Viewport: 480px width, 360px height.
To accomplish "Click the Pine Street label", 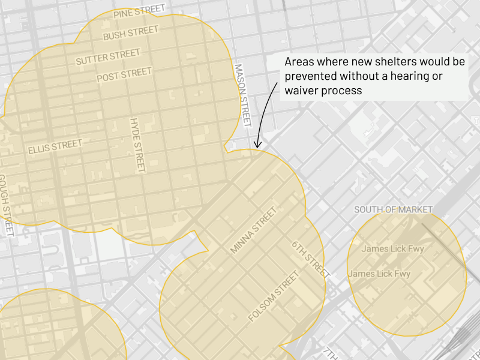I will tap(139, 11).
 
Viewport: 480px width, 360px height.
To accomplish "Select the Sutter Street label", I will tap(107, 58).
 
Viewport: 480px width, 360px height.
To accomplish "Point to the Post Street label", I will tap(124, 75).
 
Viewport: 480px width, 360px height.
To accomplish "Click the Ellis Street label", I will tap(55, 146).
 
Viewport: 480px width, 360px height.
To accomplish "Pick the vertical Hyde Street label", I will tap(137, 145).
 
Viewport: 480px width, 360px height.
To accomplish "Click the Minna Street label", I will tap(253, 230).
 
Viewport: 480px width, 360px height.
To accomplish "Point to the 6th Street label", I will tap(311, 259).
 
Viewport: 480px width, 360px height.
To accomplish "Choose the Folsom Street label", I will tap(273, 297).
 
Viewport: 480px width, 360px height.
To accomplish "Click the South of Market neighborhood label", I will tap(393, 209).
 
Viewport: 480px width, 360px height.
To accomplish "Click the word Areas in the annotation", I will tap(299, 62).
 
